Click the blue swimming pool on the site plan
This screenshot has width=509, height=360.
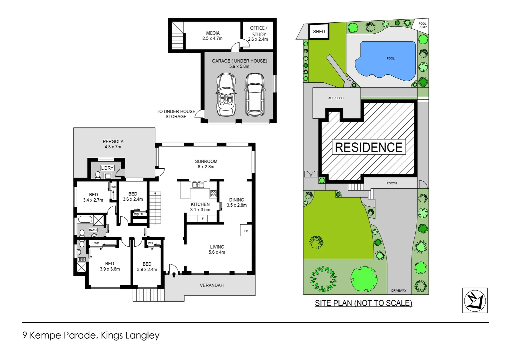coord(386,62)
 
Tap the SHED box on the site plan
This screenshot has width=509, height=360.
coord(319,32)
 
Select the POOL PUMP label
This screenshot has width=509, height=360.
coord(422,25)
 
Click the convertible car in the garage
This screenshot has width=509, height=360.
coord(227,94)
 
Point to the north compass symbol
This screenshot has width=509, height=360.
coord(475,300)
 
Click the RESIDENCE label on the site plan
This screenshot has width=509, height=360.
coord(369,147)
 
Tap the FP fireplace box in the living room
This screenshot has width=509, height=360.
coord(246,231)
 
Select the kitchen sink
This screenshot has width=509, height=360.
coord(198,184)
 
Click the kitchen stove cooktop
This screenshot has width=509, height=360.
coord(213,193)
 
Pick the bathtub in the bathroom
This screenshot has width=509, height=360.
coord(85,220)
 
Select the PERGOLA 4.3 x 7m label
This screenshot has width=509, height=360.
coord(113,144)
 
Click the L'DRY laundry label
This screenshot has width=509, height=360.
coord(107,168)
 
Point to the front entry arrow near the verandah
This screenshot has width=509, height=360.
coord(174,275)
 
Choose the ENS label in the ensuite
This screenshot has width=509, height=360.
coord(82,259)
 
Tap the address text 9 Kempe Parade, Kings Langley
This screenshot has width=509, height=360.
coord(91,335)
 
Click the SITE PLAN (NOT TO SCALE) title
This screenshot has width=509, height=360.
coord(363,303)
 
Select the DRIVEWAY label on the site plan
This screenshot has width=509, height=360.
coord(398,291)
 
